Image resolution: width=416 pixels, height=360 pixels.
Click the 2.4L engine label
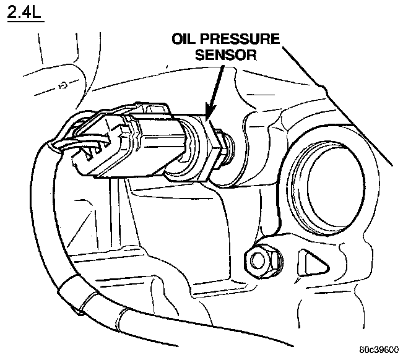[x=24, y=13]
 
